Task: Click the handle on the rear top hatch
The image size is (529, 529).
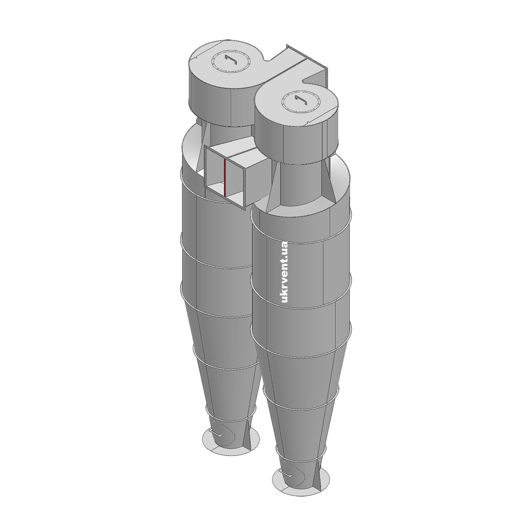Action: [232, 60]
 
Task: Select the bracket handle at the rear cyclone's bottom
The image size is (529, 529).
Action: [215, 432]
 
